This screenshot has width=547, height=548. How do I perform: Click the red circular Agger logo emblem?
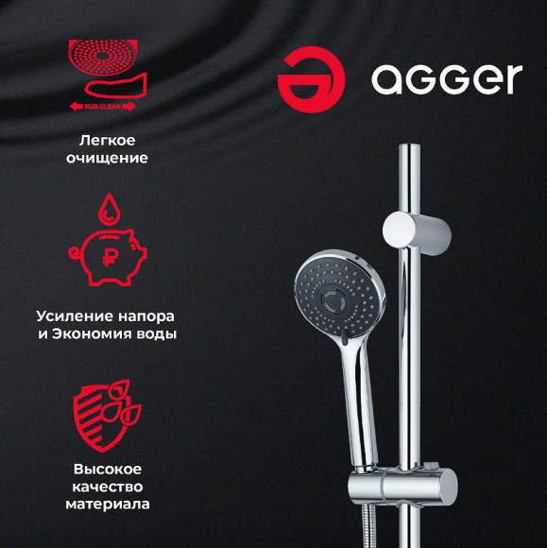(x=311, y=79)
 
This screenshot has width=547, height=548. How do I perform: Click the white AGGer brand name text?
(x=447, y=79)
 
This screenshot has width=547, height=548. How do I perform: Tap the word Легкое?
(x=107, y=141)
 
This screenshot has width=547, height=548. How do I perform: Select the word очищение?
(x=107, y=158)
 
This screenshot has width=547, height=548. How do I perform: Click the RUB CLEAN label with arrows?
(x=102, y=106)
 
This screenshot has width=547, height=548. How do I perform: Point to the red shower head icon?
(x=103, y=58)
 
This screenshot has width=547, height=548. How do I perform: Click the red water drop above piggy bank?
(x=109, y=209)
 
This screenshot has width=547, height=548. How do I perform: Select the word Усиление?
(x=75, y=317)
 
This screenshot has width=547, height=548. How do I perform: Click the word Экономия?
(x=92, y=334)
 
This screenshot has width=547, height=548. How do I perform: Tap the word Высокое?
(x=108, y=469)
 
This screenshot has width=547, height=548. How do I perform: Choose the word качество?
(x=108, y=487)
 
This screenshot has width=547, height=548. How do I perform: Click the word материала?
(x=108, y=505)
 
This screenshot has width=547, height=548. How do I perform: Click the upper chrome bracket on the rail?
(x=417, y=231)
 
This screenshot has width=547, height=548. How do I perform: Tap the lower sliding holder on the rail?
(x=402, y=487)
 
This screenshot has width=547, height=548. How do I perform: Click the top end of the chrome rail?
(x=409, y=145)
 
